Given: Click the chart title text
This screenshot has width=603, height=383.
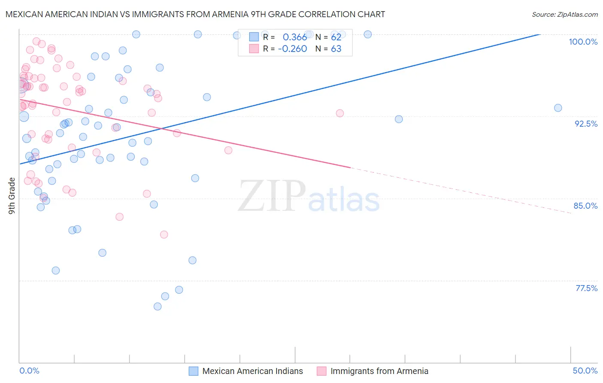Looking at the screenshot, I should [195, 14].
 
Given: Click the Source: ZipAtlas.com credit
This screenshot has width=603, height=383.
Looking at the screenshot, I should [564, 14].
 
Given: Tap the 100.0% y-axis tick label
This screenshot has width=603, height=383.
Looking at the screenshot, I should [583, 42].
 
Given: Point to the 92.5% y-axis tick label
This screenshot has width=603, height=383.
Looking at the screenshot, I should [586, 124].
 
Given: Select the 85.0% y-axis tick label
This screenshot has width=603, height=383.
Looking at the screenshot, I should [585, 206].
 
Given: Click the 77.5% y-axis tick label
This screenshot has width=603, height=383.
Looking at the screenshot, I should [586, 288].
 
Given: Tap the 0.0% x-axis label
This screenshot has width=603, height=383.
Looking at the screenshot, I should [29, 371].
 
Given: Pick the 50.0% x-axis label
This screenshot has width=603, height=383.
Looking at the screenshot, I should [585, 371].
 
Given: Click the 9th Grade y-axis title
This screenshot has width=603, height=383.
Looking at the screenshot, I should [12, 195].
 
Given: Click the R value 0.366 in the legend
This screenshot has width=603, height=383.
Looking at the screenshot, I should [295, 37].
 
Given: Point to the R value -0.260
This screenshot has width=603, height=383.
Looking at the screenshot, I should [292, 49].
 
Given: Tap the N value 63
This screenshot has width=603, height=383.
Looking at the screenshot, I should [336, 49].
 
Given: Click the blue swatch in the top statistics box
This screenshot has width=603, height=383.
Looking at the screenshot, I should [254, 37].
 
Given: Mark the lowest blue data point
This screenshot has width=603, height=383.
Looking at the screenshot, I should [157, 307].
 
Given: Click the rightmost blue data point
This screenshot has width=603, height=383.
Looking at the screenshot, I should [558, 108].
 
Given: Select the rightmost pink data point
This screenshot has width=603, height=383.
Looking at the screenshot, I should [340, 113].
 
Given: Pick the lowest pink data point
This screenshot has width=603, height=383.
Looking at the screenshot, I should [164, 234].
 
